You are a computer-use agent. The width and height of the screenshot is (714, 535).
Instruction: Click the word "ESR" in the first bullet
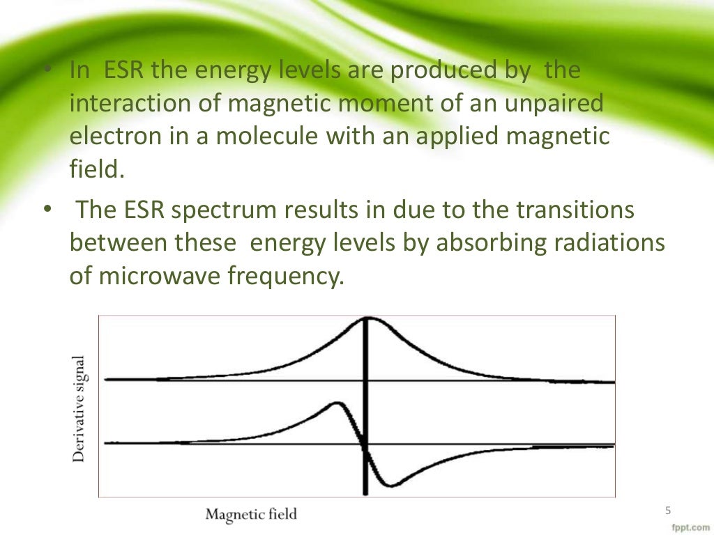click(x=126, y=71)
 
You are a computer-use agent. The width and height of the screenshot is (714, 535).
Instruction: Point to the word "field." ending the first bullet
click(x=97, y=169)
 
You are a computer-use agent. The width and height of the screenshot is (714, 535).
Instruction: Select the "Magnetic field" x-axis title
click(x=251, y=515)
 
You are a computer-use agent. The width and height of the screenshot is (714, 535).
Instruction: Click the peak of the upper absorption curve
click(x=367, y=319)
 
